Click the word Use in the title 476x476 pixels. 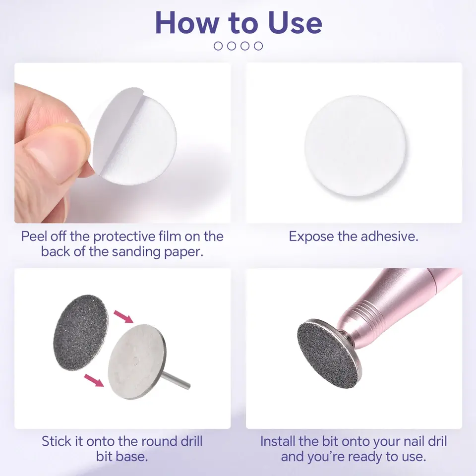click(295, 23)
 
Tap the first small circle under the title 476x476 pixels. click(218, 46)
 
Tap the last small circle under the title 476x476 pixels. click(258, 46)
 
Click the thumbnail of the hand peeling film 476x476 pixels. click(122, 143)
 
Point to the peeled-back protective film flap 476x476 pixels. click(116, 127)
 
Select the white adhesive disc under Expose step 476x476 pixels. click(356, 146)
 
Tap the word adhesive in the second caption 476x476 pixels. click(390, 237)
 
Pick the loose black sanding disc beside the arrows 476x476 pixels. click(81, 332)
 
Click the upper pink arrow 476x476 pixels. click(123, 317)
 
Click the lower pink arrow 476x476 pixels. click(94, 380)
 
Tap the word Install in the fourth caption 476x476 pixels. click(278, 441)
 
